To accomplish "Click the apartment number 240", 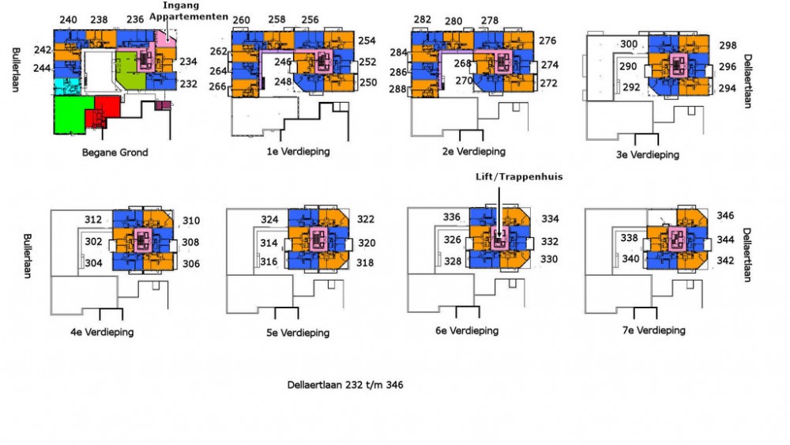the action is [68, 20].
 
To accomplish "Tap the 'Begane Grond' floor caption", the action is [115, 153].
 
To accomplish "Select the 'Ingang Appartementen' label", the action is [188, 11].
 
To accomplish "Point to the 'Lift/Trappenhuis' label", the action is [519, 177].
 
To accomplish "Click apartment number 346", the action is [725, 216].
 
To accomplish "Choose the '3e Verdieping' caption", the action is [648, 154].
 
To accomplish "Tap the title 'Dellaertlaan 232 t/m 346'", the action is [345, 385].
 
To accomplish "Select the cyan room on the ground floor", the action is [66, 86].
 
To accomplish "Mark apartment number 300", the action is [628, 44].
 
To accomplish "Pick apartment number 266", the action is [218, 87].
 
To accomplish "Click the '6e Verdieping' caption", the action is [467, 330].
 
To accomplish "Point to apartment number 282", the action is [422, 20].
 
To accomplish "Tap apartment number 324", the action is [269, 220].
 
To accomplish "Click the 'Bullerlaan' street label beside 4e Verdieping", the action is [27, 255].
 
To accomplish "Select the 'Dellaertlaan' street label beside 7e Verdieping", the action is [747, 255].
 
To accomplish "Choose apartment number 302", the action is [93, 242].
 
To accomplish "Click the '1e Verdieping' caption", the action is [299, 151].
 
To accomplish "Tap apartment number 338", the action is [630, 238].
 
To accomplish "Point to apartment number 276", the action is [547, 41].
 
